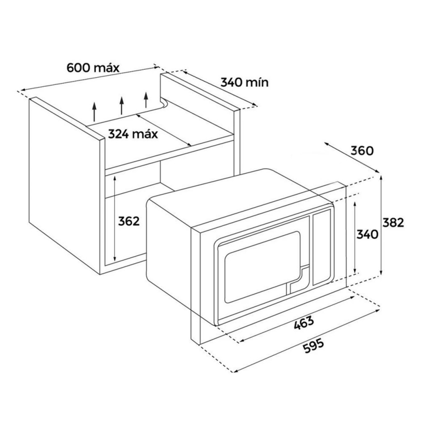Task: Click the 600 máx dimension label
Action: point(93,68)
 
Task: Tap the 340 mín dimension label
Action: point(245,82)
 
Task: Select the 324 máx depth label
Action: point(133,133)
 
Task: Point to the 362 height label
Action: point(129,221)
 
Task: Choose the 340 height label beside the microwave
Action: point(368,234)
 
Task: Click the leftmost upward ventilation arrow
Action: point(94,112)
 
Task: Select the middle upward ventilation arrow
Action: point(121,107)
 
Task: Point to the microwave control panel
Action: point(322,248)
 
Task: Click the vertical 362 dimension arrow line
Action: point(115,219)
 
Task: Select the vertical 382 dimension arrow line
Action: point(382,225)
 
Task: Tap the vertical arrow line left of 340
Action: point(354,237)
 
